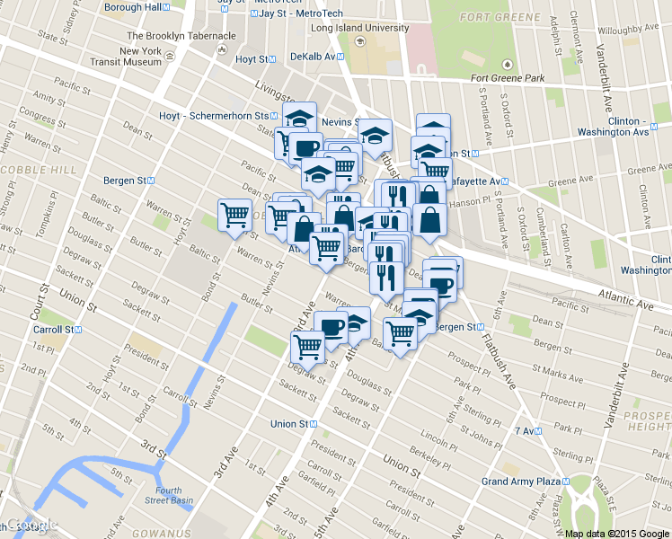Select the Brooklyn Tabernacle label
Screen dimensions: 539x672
pos(181,36)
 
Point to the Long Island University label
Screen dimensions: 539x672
pos(359,28)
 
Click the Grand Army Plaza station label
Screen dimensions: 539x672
pos(521,482)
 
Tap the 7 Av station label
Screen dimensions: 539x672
pos(526,431)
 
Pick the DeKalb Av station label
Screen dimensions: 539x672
pos(313,56)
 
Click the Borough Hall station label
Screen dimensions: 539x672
pos(133,7)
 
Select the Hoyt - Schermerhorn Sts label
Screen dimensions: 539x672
pos(213,116)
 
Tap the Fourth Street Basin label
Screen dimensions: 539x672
pos(169,496)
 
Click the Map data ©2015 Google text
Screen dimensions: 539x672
pos(617,533)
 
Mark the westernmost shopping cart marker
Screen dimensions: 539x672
pos(234,216)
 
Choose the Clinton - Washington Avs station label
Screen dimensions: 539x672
pos(628,127)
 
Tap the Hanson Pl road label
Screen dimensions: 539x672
pos(490,201)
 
